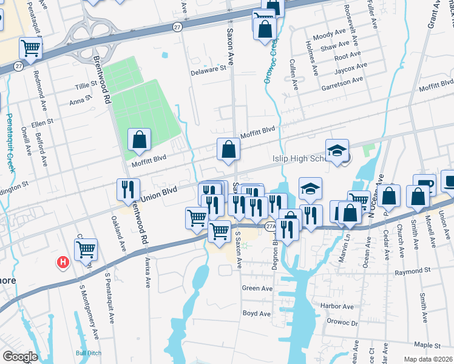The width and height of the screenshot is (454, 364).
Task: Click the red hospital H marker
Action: pyautogui.click(x=61, y=262)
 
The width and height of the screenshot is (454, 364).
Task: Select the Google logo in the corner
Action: pyautogui.click(x=20, y=357)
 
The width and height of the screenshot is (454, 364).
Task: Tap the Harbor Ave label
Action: pyautogui.click(x=337, y=306)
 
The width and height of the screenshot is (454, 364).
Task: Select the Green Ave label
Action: pyautogui.click(x=257, y=288)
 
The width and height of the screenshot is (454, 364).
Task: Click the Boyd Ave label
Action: pyautogui.click(x=256, y=314)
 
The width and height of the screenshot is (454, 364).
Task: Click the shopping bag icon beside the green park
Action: pyautogui.click(x=140, y=140)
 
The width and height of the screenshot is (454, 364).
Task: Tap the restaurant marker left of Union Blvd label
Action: pyautogui.click(x=128, y=189)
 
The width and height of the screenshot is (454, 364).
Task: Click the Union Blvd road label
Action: pyautogui.click(x=158, y=194)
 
